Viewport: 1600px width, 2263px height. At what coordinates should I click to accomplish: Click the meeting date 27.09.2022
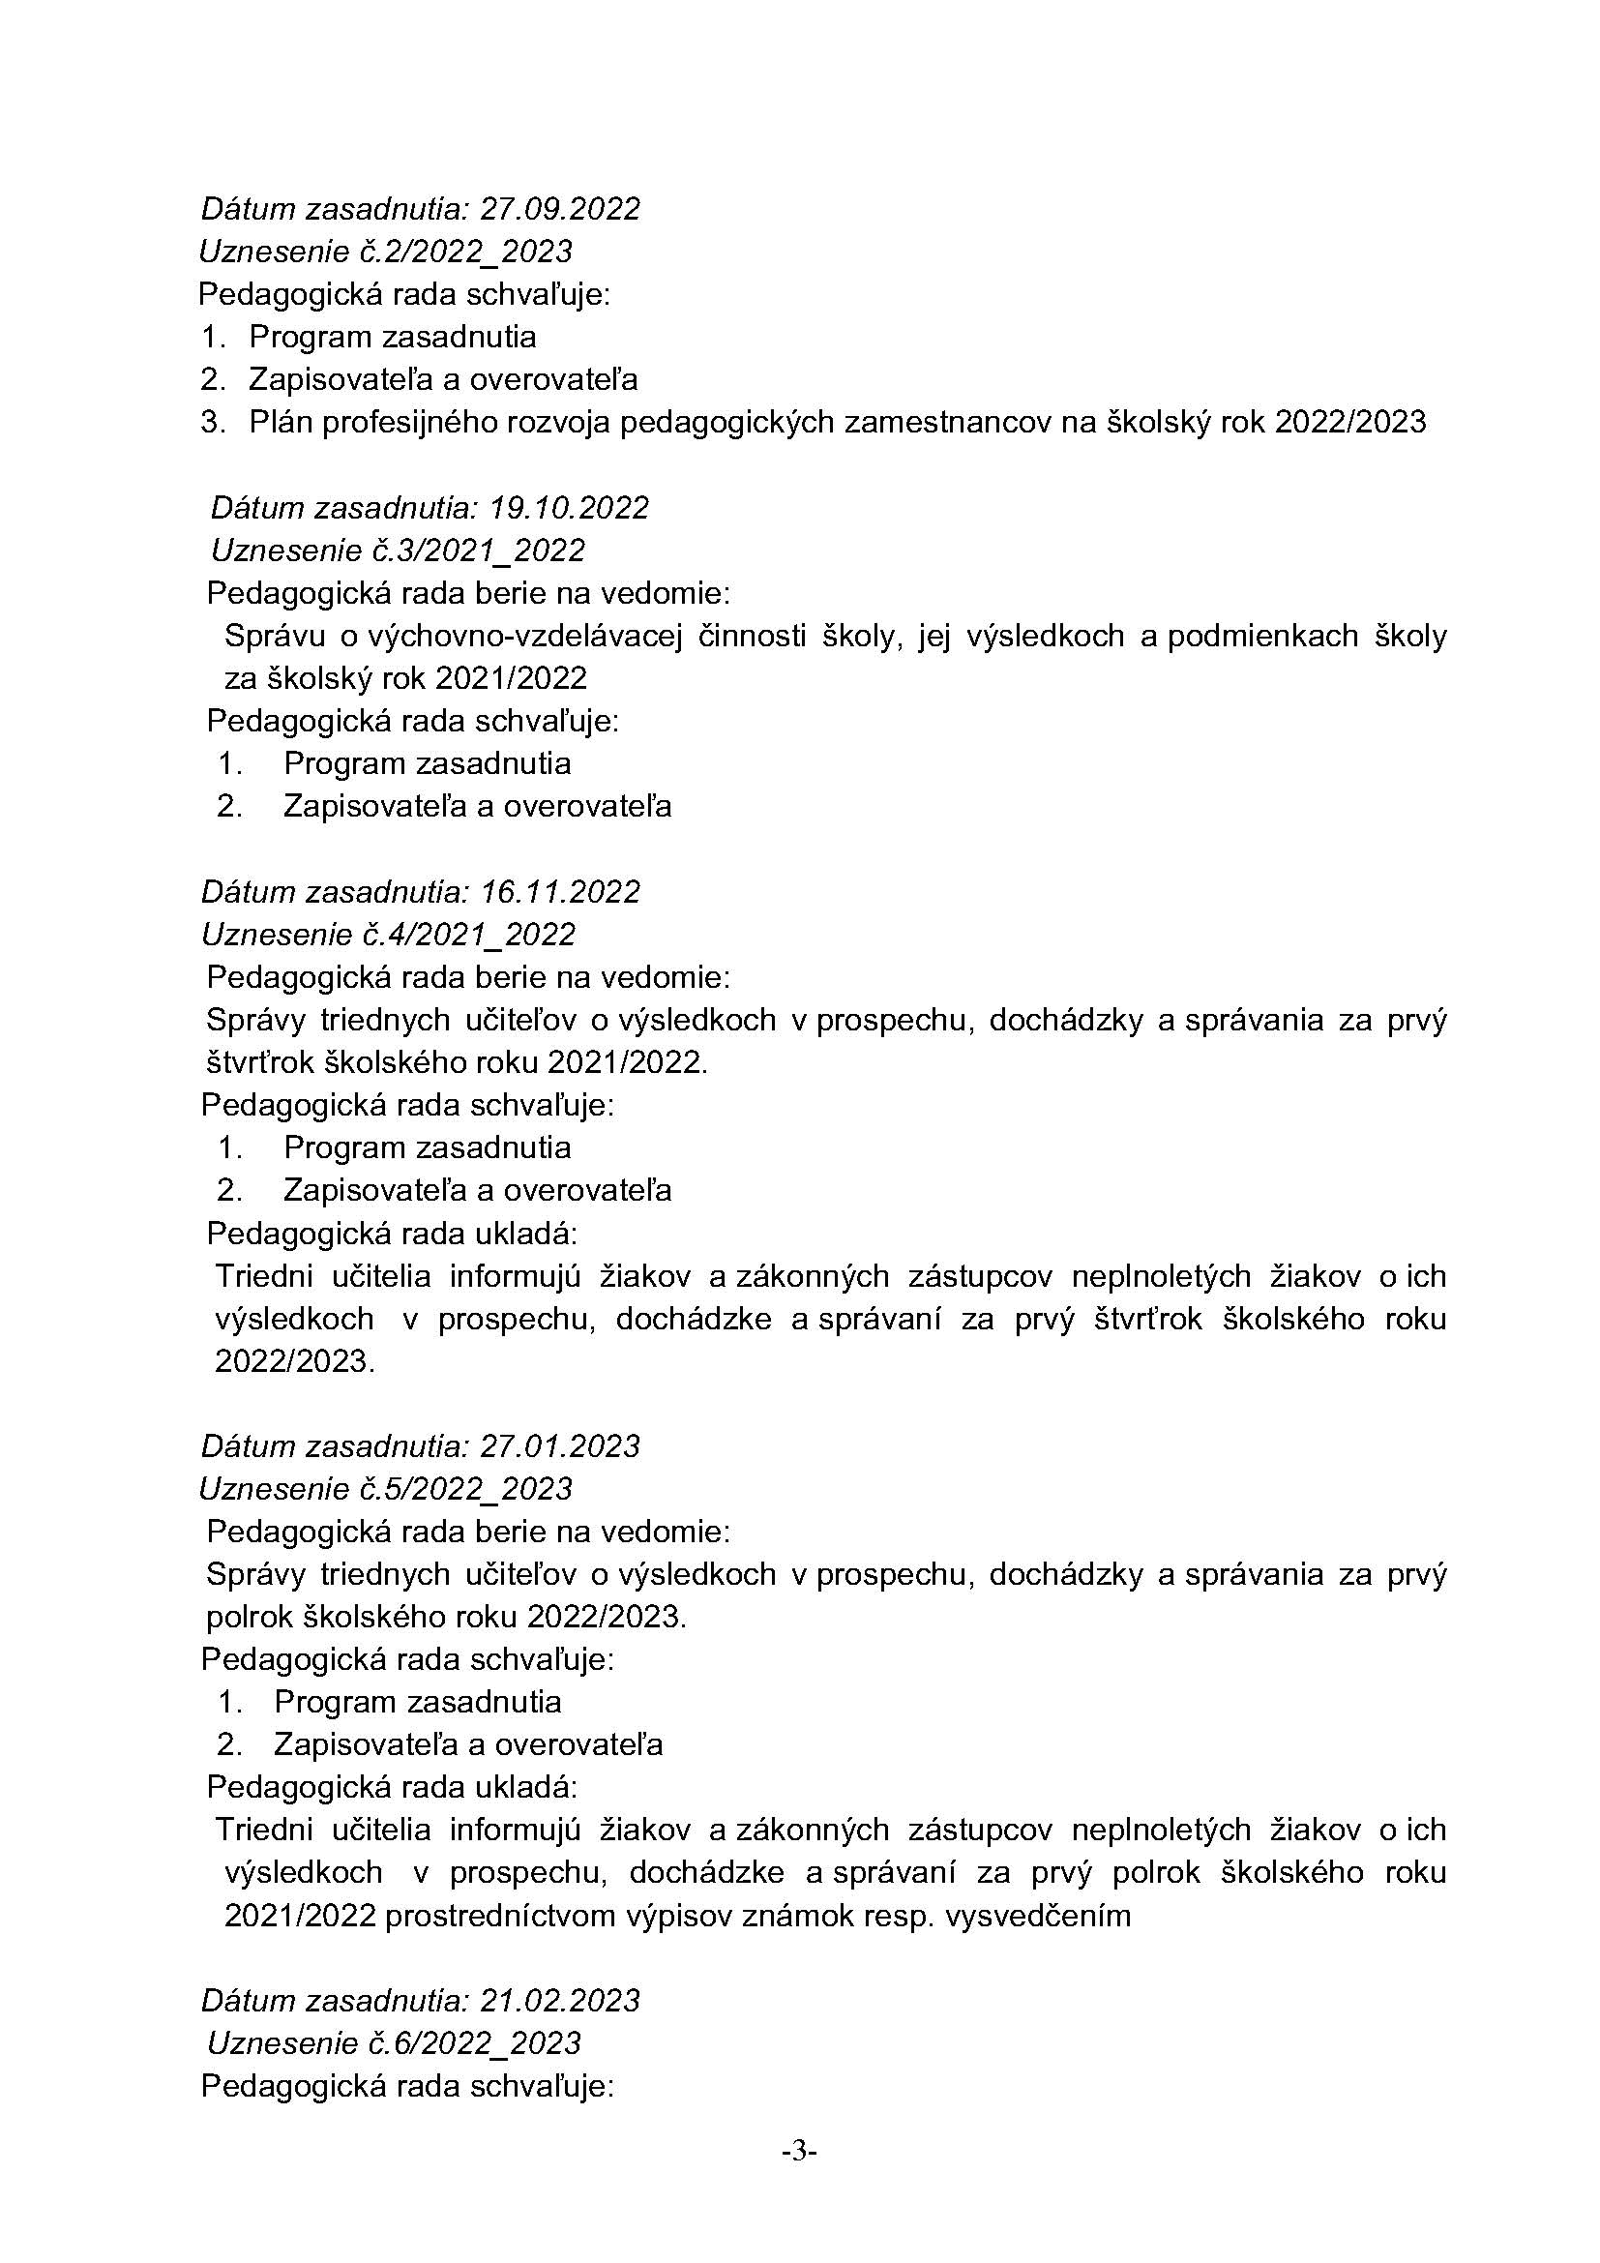click(x=559, y=209)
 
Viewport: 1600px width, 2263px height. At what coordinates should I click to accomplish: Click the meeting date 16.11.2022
click(x=559, y=892)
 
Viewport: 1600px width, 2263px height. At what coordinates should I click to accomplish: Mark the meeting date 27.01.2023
click(x=559, y=1445)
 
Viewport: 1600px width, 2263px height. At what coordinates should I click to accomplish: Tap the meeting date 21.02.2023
click(x=559, y=2001)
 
